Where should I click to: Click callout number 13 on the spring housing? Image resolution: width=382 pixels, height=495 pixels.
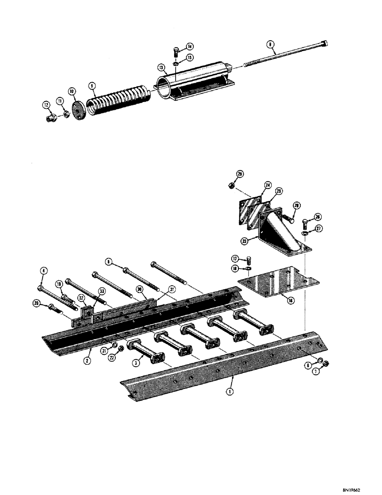[x=161, y=67]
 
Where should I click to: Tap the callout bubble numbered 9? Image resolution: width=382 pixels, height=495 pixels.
[x=92, y=85]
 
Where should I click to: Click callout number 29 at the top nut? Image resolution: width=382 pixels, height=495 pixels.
[x=240, y=174]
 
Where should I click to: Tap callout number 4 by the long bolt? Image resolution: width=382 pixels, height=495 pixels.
[x=44, y=270]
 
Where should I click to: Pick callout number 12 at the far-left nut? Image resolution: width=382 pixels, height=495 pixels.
[x=46, y=105]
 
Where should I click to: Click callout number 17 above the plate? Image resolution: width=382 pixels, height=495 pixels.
[x=236, y=258]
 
